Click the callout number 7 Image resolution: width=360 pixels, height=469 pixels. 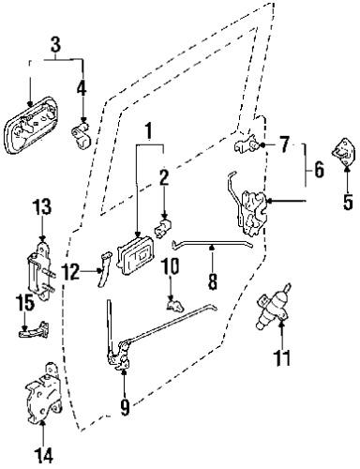[284, 144]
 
